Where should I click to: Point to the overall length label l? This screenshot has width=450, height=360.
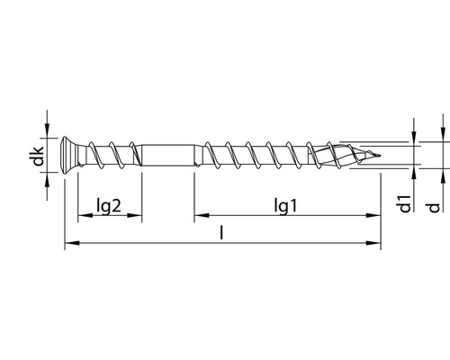coord(221,232)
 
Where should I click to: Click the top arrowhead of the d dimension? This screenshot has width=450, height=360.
coord(435,137)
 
